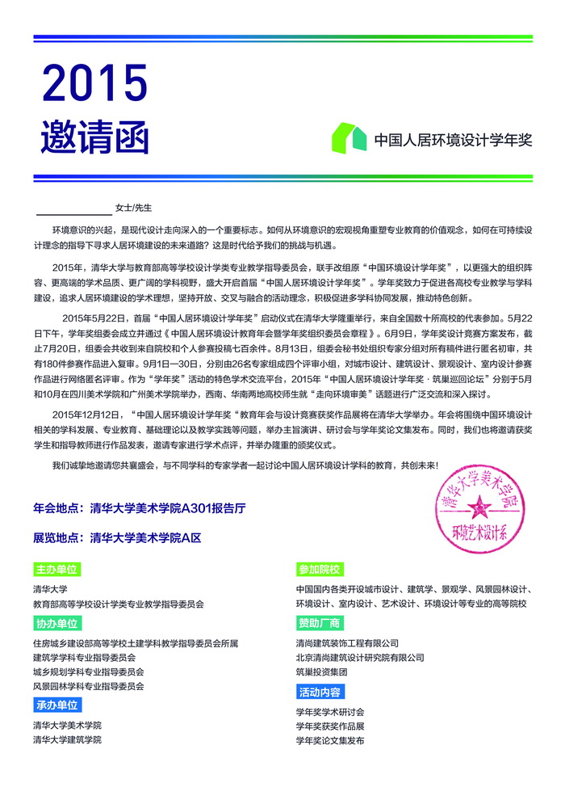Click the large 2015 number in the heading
tap(94, 83)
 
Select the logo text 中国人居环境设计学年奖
tap(453, 139)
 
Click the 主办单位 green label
tap(56, 570)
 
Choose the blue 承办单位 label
tap(56, 705)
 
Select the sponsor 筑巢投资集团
tap(321, 672)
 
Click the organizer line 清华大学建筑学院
tap(67, 739)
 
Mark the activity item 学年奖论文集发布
tap(330, 740)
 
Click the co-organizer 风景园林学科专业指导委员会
tap(88, 686)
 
